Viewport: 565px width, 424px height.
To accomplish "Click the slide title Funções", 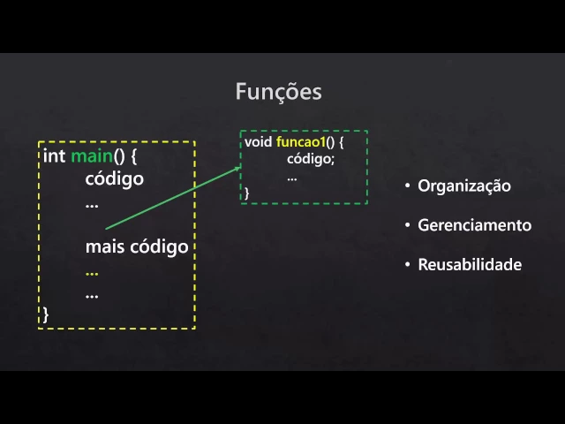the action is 278,92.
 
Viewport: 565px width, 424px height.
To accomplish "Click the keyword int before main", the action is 54,156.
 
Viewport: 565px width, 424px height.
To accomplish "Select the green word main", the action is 91,156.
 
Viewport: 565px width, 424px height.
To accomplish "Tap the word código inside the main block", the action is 114,179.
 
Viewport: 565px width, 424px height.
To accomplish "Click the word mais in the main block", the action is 105,246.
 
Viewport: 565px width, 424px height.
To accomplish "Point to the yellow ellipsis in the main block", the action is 92,271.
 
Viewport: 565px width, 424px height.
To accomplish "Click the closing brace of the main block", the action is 46,313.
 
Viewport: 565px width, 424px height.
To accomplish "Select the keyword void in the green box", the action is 258,142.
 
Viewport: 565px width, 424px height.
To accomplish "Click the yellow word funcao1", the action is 300,142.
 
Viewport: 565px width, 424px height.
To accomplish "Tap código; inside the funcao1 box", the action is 311,159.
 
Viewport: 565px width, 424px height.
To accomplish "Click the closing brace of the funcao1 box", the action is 247,192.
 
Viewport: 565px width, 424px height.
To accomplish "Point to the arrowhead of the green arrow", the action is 237,165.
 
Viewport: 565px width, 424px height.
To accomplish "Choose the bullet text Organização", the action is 464,186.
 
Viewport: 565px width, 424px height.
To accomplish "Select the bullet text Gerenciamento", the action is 474,225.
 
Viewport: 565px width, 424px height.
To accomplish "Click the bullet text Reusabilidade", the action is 470,265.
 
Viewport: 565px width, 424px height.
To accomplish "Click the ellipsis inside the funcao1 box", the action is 292,177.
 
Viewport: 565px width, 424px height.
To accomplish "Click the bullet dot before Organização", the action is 408,186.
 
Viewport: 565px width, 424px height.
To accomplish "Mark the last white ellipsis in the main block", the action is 92,293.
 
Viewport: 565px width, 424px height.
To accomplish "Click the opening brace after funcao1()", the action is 341,142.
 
